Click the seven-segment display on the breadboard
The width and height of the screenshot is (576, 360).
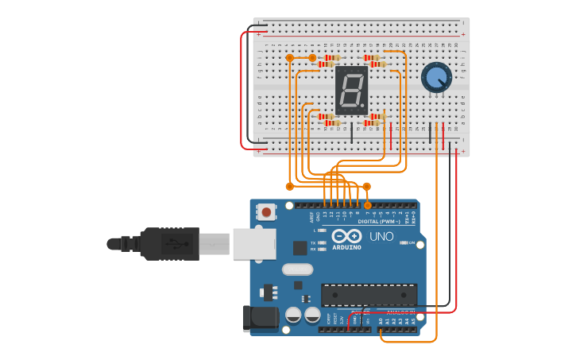tap(352, 89)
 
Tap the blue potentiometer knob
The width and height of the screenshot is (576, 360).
tap(436, 77)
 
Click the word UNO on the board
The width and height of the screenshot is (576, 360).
tap(381, 236)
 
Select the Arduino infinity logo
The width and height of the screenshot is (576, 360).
tap(346, 236)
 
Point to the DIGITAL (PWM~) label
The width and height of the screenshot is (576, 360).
tap(378, 221)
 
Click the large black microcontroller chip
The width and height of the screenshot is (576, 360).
tap(369, 294)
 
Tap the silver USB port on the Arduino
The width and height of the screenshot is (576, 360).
tap(254, 243)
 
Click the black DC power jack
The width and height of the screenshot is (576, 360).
tap(261, 319)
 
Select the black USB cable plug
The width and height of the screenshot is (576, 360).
tap(170, 243)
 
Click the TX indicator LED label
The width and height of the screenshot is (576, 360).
tap(313, 242)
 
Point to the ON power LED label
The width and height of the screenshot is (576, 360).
tap(411, 242)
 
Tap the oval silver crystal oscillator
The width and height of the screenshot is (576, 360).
tap(297, 269)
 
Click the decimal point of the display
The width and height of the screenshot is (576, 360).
tap(365, 106)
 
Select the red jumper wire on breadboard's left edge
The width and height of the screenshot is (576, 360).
tap(242, 89)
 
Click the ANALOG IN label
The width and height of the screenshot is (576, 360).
tap(397, 312)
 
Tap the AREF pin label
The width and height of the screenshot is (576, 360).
tap(311, 215)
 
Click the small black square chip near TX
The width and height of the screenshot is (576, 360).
tap(300, 248)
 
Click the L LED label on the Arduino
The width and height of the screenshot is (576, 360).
tap(315, 230)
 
